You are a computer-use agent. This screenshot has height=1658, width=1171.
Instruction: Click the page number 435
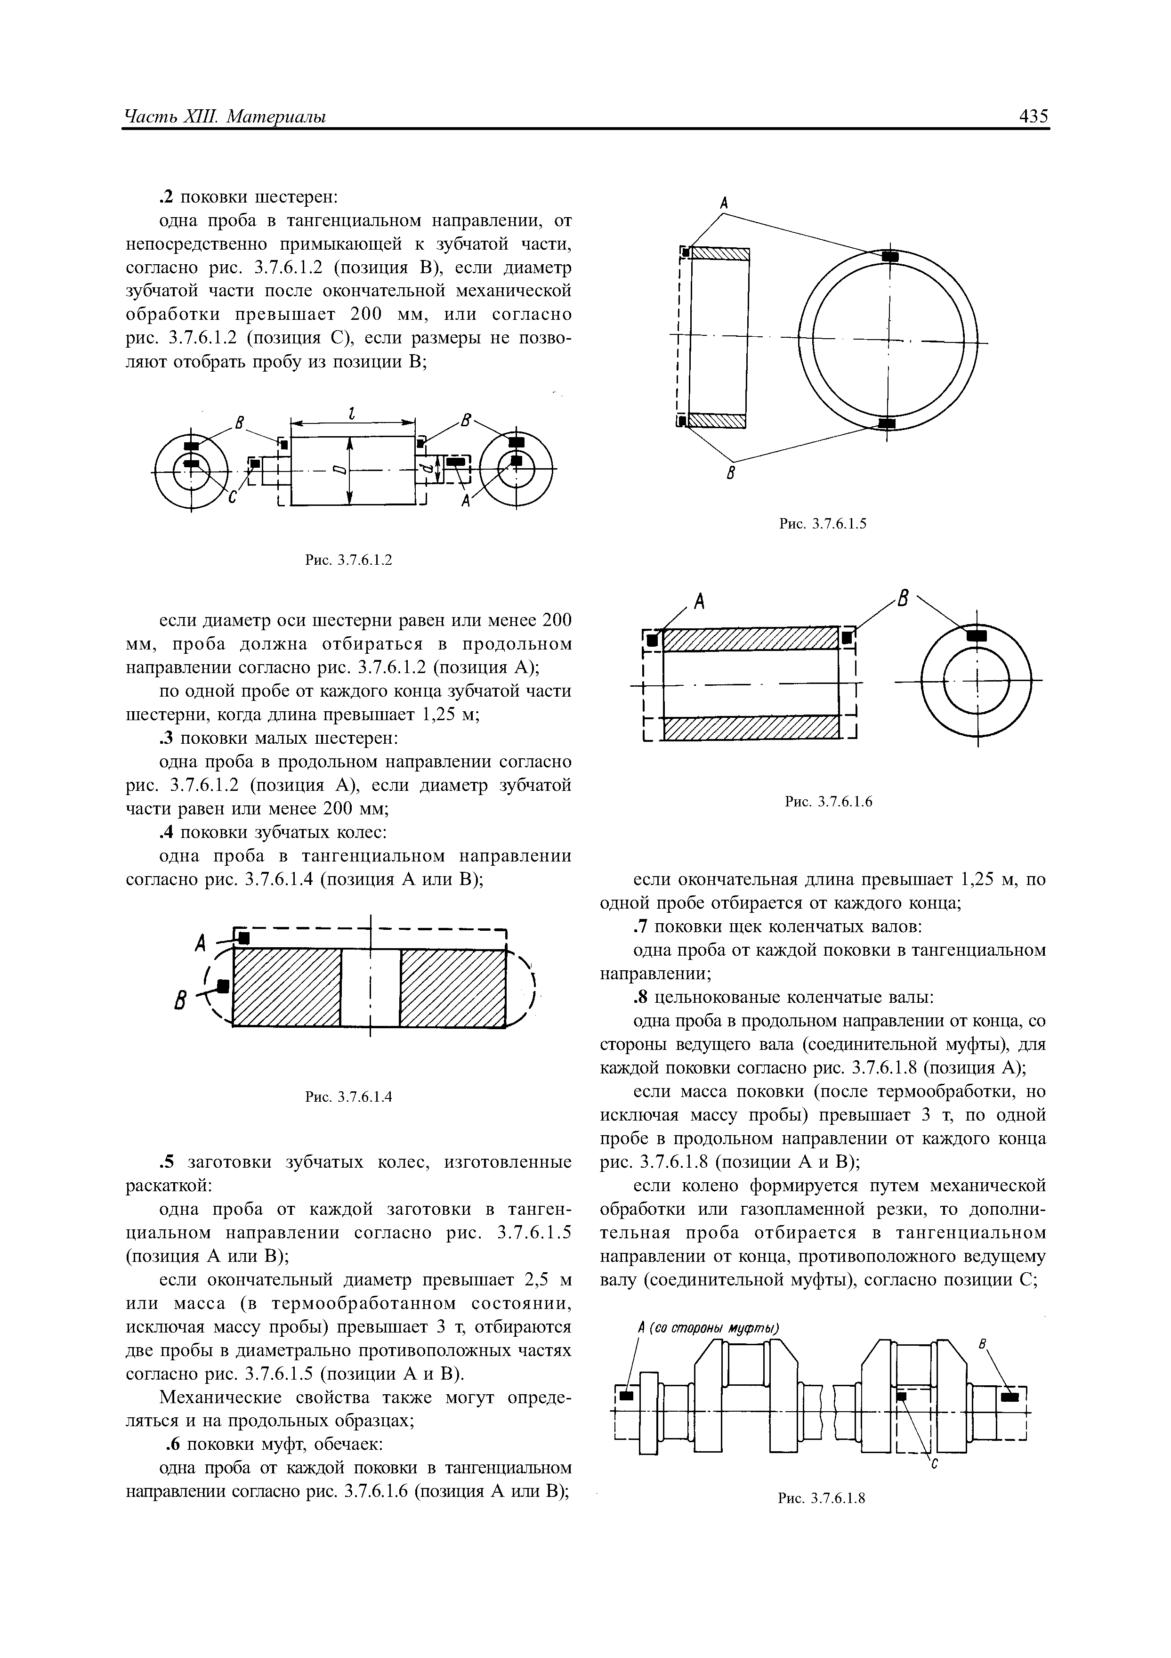1033,116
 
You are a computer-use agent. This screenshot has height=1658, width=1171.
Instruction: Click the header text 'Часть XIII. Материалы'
225,116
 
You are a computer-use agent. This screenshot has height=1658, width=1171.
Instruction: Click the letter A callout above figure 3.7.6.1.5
723,203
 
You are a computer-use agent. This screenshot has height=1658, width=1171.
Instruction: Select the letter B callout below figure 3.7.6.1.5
731,473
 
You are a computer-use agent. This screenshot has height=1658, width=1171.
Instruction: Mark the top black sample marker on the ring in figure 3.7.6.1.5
890,256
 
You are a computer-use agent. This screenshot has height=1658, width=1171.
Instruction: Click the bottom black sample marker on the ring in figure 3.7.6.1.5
887,423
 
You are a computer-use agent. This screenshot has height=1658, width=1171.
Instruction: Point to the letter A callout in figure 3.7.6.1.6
698,601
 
